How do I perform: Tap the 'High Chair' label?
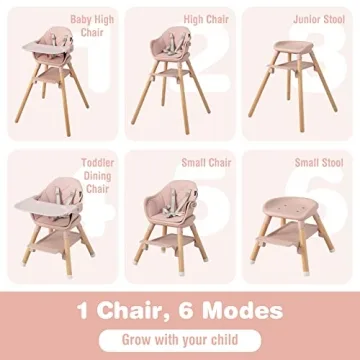pyautogui.click(x=201, y=18)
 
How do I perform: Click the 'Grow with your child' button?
pyautogui.click(x=179, y=338)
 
